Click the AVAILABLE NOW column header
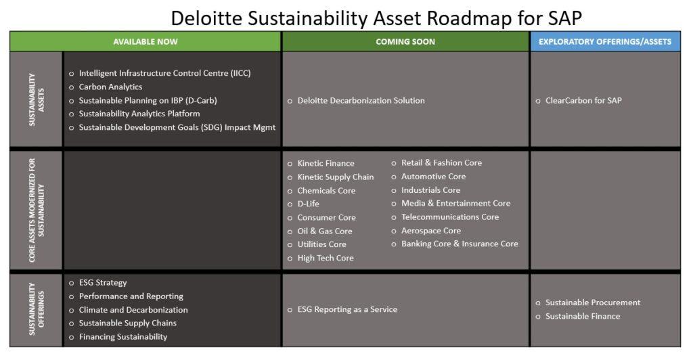(146, 41)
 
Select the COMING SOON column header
(405, 41)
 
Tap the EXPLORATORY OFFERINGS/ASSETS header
(604, 41)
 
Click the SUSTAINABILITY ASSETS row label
(37, 99)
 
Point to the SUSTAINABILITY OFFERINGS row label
(37, 309)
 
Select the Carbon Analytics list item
(110, 87)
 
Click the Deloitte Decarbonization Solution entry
(361, 101)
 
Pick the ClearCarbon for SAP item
(583, 101)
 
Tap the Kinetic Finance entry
(326, 164)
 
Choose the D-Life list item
(308, 204)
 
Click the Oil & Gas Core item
(325, 231)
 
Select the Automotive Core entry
(434, 176)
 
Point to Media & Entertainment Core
(455, 203)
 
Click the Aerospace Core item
(431, 231)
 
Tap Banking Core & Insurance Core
(460, 244)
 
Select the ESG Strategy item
(103, 283)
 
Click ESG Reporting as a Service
(347, 310)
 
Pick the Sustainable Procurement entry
(593, 302)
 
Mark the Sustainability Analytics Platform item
(139, 114)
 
